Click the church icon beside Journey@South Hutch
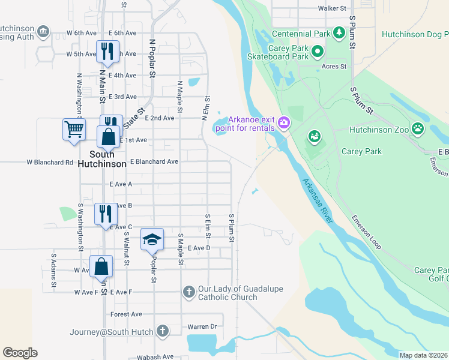[x=162, y=331]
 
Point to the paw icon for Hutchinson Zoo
[x=417, y=128]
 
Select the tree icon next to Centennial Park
[x=339, y=32]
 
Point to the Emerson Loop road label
[x=366, y=232]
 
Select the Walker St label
[x=333, y=8]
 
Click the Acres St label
[x=334, y=67]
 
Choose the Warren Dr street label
[x=202, y=327]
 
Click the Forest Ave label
[x=126, y=314]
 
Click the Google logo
[x=20, y=353]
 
